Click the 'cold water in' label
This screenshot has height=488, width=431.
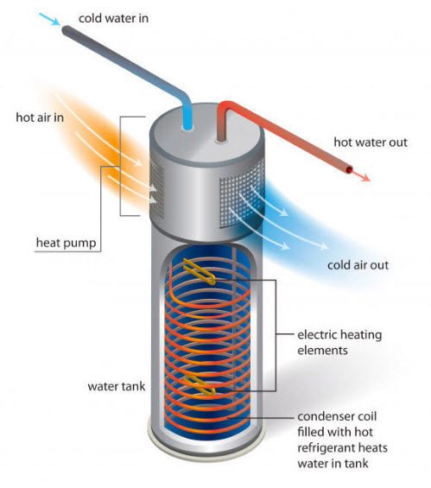pyautogui.click(x=113, y=18)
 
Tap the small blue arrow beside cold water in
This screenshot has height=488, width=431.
pyautogui.click(x=49, y=19)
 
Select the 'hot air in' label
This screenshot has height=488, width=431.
pyautogui.click(x=40, y=117)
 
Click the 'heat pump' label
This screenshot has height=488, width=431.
pyautogui.click(x=66, y=243)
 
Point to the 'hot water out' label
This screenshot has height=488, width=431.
pyautogui.click(x=371, y=143)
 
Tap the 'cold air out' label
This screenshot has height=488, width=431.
pyautogui.click(x=358, y=265)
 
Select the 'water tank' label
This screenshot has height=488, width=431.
pyautogui.click(x=117, y=387)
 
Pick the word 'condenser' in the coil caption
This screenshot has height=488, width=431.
pyautogui.click(x=323, y=416)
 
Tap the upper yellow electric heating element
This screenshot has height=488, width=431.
pyautogui.click(x=200, y=271)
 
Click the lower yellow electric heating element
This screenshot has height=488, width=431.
pyautogui.click(x=200, y=384)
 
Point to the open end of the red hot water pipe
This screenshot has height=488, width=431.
pyautogui.click(x=349, y=170)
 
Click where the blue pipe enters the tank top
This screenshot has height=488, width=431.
pyautogui.click(x=187, y=127)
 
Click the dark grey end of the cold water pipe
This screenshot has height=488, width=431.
pyautogui.click(x=67, y=31)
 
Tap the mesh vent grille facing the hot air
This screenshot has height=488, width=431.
pyautogui.click(x=157, y=190)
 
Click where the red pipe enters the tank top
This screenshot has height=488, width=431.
pyautogui.click(x=221, y=139)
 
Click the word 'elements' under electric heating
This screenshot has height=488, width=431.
pyautogui.click(x=322, y=351)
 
